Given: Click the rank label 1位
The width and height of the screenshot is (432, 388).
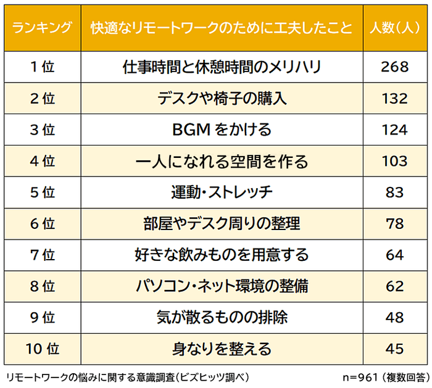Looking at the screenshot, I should pyautogui.click(x=42, y=67).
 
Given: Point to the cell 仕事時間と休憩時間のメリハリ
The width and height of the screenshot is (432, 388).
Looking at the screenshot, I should pyautogui.click(x=222, y=67).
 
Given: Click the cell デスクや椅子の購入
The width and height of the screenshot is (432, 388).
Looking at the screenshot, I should pyautogui.click(x=222, y=99).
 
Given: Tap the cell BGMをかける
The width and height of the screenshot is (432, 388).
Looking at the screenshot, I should pyautogui.click(x=222, y=130).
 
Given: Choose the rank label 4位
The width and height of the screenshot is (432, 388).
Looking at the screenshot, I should pyautogui.click(x=42, y=162).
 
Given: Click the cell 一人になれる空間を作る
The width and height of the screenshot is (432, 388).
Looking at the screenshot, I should pyautogui.click(x=222, y=162).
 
